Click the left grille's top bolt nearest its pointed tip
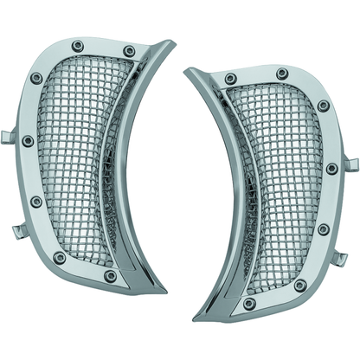click(130, 51)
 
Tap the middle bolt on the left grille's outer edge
click(29, 140)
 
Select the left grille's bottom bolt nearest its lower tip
click(111, 276)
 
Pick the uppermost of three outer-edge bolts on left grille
click(36, 78)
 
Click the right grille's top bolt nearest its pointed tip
click(230, 80)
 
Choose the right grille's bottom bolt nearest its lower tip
click(249, 304)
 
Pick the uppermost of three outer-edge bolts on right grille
click(323, 106)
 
